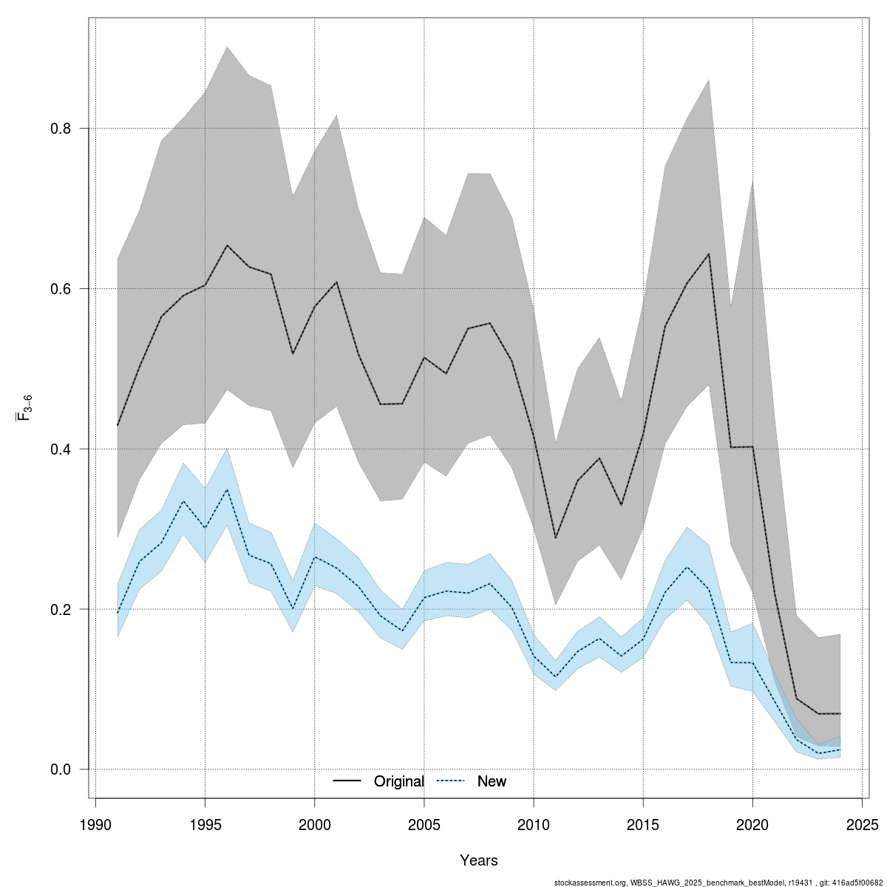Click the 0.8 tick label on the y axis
pos(61,129)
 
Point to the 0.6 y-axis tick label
pos(61,289)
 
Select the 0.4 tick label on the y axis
pos(61,449)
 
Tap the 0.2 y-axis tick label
pos(61,610)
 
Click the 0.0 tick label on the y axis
pos(61,769)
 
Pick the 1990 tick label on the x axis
pos(95,824)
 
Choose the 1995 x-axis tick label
pos(205,824)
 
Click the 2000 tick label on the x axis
pos(315,824)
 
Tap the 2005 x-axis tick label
pos(424,824)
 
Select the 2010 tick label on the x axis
pos(534,824)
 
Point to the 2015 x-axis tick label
pos(643,824)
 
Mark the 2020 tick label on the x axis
pos(752,824)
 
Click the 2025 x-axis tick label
pos(862,824)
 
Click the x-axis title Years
pos(479,860)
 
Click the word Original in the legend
pos(399,781)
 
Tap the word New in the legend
pos(492,781)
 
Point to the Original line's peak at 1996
pos(227,245)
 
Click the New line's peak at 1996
pos(227,489)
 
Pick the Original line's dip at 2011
pos(555,538)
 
